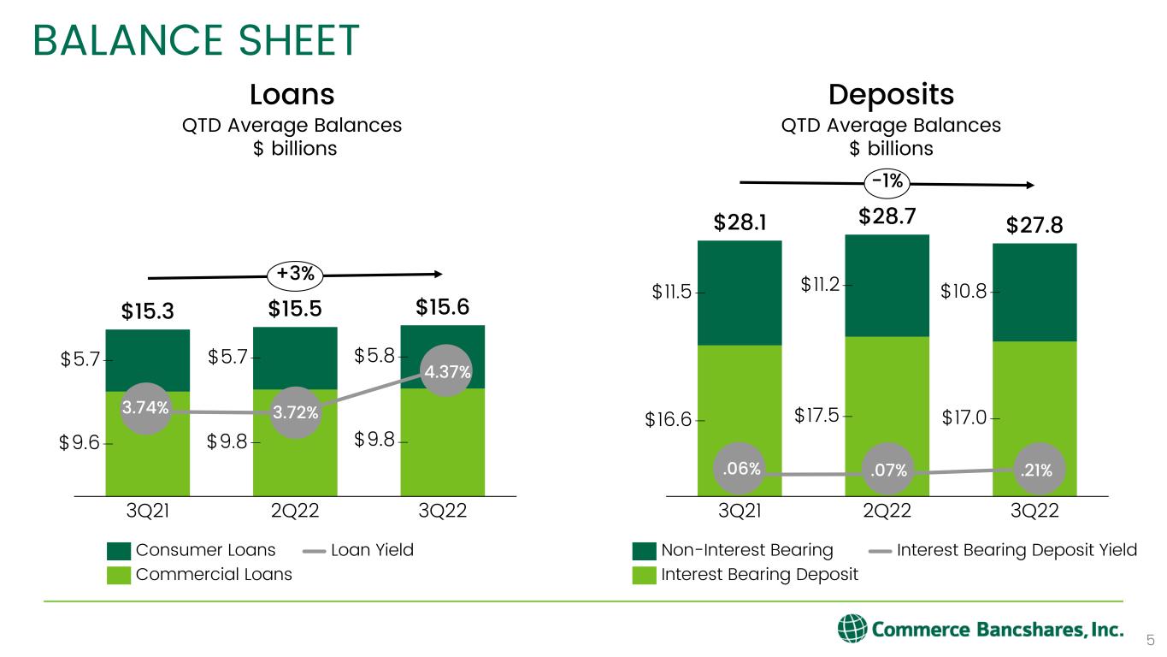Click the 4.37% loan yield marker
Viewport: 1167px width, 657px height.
(445, 370)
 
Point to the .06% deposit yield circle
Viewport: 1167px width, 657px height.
(740, 468)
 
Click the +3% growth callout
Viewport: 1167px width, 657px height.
(295, 274)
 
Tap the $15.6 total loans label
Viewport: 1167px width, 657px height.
(442, 307)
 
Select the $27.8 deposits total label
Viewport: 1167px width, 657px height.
(1034, 225)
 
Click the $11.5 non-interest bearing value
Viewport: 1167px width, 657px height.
(671, 293)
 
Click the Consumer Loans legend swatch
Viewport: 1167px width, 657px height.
(119, 550)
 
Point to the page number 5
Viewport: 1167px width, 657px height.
(1150, 640)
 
